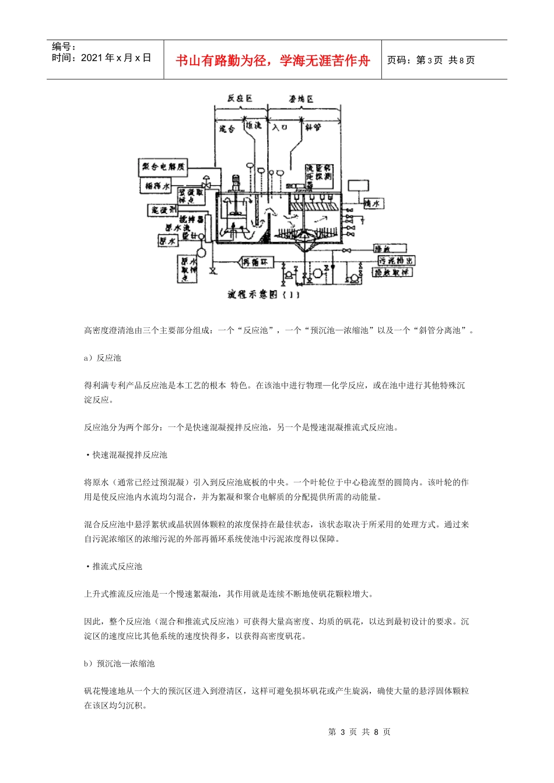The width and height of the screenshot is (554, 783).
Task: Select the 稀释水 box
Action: [157, 186]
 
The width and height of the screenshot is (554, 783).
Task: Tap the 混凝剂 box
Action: [163, 209]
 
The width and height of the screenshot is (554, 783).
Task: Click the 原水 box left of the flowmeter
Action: [167, 240]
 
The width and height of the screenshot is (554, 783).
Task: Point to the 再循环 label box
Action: [255, 263]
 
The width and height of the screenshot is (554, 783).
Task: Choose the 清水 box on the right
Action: [373, 203]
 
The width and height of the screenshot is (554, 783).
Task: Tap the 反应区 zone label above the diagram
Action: [240, 98]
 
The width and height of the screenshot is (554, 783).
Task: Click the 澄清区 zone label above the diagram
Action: [301, 99]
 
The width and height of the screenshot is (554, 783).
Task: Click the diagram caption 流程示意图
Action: [264, 295]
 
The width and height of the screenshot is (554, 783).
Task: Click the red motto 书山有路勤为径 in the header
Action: [273, 61]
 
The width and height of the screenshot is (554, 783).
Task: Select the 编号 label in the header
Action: [64, 47]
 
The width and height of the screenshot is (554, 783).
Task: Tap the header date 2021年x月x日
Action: [101, 58]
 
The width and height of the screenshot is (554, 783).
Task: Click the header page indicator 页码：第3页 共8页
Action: [431, 60]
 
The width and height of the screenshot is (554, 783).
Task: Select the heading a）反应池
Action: [103, 358]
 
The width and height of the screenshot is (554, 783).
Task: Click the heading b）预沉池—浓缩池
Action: [119, 664]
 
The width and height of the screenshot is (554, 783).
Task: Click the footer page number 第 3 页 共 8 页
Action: [359, 732]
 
